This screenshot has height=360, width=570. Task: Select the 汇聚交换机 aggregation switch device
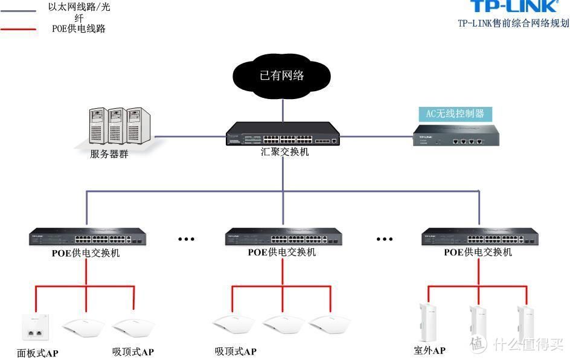[282, 133]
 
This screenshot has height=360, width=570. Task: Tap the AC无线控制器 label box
[455, 114]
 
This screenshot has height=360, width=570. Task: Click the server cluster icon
[116, 126]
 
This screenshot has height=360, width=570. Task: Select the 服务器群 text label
[109, 154]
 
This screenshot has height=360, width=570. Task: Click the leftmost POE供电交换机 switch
[86, 237]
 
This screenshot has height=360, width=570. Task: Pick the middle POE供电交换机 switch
[281, 237]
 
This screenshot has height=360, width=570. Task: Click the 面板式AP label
[37, 353]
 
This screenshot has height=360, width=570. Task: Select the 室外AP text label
[429, 350]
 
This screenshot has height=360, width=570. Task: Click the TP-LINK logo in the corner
[513, 7]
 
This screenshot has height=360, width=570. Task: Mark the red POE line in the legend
[18, 28]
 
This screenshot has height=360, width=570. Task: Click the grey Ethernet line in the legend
[18, 10]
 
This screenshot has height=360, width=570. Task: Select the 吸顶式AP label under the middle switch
[235, 352]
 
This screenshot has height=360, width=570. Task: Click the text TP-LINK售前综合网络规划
[513, 24]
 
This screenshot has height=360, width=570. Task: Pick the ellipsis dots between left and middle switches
[186, 239]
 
